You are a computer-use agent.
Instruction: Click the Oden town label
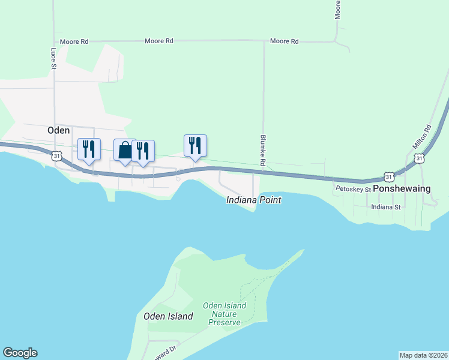pyautogui.click(x=59, y=130)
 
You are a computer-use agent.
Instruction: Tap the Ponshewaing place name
pyautogui.click(x=402, y=188)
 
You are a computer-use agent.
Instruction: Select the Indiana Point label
pyautogui.click(x=253, y=200)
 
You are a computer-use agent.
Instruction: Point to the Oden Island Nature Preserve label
pyautogui.click(x=224, y=314)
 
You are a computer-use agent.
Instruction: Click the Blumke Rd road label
pyautogui.click(x=263, y=150)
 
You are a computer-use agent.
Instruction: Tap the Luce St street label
pyautogui.click(x=53, y=59)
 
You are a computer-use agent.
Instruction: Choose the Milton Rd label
pyautogui.click(x=422, y=137)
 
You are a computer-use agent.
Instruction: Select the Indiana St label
pyautogui.click(x=385, y=207)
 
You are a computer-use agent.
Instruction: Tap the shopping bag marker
pyautogui.click(x=125, y=150)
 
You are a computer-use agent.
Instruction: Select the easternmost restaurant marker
pyautogui.click(x=195, y=145)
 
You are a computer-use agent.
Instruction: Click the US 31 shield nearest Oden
pyautogui.click(x=56, y=155)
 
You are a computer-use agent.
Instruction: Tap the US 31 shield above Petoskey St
pyautogui.click(x=390, y=177)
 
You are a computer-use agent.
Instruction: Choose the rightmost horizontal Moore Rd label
pyautogui.click(x=284, y=41)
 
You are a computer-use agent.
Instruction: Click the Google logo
pyautogui.click(x=20, y=353)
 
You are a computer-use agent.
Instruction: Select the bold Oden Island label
pyautogui.click(x=168, y=316)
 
